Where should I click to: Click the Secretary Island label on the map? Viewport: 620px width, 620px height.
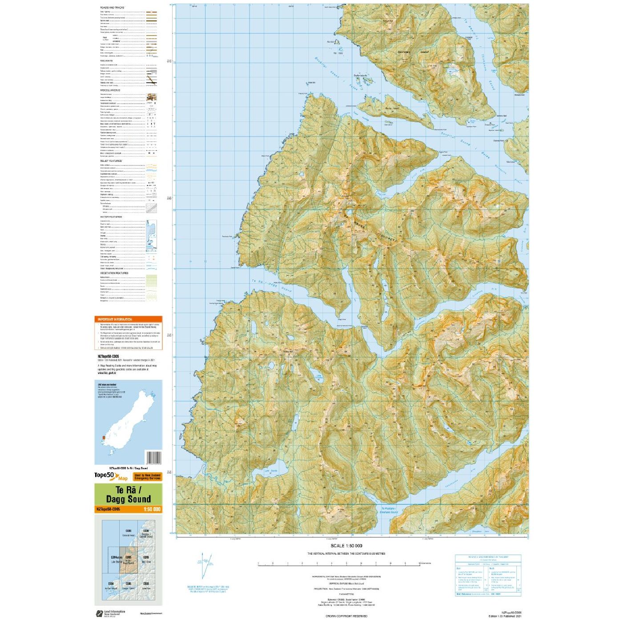coord(413,52)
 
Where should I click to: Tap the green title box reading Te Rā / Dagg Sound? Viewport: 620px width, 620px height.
coord(128,495)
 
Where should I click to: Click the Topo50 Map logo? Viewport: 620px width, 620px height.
coord(111,476)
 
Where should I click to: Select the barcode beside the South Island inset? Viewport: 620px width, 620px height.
coord(153,458)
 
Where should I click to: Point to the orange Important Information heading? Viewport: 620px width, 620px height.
coord(115,319)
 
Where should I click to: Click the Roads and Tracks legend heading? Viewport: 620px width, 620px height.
coord(113,8)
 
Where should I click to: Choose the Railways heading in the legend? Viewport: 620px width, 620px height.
coord(107,61)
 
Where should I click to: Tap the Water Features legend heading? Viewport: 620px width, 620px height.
coord(111,217)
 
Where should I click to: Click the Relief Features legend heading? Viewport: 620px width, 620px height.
coord(111,161)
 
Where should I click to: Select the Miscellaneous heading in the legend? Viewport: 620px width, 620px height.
coord(110,90)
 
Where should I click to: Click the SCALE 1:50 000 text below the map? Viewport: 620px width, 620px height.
coord(346,546)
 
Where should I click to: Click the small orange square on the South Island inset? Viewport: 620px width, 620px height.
coord(104,438)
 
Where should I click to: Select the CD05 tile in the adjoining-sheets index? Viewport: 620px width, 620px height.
coord(128,560)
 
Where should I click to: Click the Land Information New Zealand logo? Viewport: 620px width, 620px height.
coord(110,613)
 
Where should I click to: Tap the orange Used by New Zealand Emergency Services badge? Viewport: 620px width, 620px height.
coord(148,477)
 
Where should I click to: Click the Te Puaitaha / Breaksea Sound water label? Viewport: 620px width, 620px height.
coord(389,510)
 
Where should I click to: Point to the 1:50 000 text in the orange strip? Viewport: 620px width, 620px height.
coord(152,509)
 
